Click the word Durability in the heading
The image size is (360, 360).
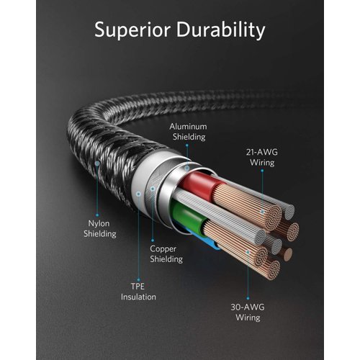point(220,30)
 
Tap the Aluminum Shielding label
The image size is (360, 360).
point(188,131)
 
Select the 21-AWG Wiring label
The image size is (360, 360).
point(261,157)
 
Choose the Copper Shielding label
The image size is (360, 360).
point(166,253)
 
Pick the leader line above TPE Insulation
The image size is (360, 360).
point(138,238)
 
